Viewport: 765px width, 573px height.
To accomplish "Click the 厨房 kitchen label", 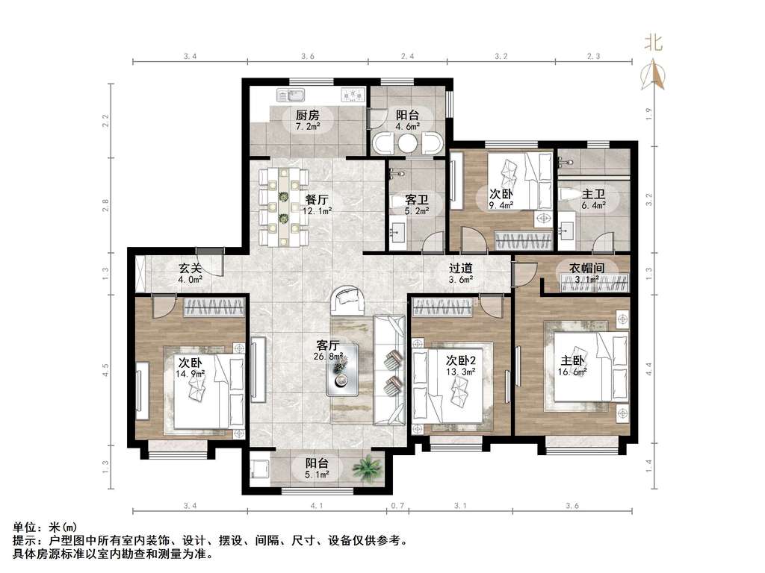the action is (x=308, y=116).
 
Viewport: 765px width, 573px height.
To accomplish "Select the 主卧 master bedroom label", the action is (x=572, y=361).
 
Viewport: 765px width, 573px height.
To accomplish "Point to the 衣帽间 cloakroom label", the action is (x=587, y=268).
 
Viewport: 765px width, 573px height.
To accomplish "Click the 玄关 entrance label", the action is (x=190, y=268).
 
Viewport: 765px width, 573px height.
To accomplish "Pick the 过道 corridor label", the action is (x=461, y=268).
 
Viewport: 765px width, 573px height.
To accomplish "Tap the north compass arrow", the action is (x=654, y=75).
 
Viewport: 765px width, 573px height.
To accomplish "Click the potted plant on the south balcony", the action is (x=367, y=469).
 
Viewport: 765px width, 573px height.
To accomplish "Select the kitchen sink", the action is (x=291, y=95).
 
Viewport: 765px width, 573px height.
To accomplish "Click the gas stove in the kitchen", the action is (x=353, y=95).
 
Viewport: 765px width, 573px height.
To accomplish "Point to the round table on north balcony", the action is (x=407, y=144).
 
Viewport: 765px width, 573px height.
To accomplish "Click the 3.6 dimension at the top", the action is (x=307, y=56).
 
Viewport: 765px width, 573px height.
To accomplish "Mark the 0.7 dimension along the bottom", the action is (x=397, y=506).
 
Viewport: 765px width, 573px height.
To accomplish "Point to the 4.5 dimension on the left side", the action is (x=106, y=370).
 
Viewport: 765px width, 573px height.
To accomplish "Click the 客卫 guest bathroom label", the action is (x=417, y=200).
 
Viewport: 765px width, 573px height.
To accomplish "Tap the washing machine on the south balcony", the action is (x=258, y=469).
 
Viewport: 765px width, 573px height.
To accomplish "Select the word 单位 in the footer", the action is (x=25, y=527).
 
